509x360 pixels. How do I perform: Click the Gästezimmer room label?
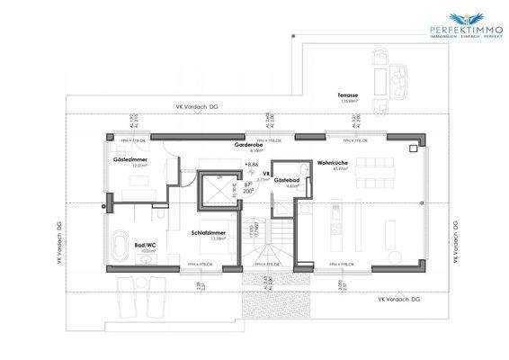click(130, 159)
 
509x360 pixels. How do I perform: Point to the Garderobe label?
click(248, 145)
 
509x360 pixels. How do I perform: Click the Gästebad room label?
click(286, 180)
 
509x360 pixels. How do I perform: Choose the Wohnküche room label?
click(331, 163)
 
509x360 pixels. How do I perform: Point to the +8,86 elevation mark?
click(251, 166)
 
